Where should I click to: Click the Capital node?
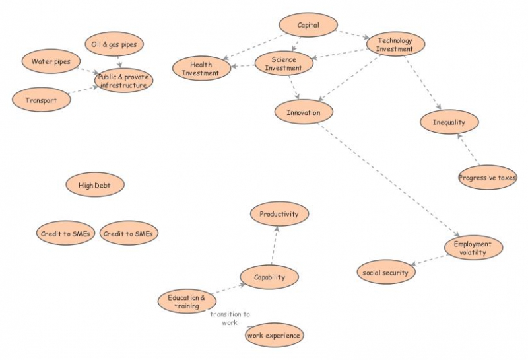pyautogui.click(x=308, y=25)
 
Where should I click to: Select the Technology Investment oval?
pyautogui.click(x=395, y=44)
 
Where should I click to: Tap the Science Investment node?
pyautogui.click(x=284, y=63)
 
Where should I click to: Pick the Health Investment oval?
pyautogui.click(x=201, y=69)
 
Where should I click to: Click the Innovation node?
pyautogui.click(x=304, y=112)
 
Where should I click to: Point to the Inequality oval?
pyautogui.click(x=449, y=122)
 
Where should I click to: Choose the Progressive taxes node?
pyautogui.click(x=487, y=178)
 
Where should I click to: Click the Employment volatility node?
pyautogui.click(x=473, y=248)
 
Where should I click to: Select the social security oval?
pyautogui.click(x=386, y=272)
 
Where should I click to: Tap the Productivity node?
pyautogui.click(x=279, y=214)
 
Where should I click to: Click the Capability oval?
pyautogui.click(x=269, y=277)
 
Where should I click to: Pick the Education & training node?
pyautogui.click(x=187, y=302)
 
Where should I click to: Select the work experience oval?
pyautogui.click(x=274, y=336)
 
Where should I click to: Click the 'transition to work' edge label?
pyautogui.click(x=230, y=318)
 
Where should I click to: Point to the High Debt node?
pyautogui.click(x=95, y=186)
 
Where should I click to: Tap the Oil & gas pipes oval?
pyautogui.click(x=114, y=44)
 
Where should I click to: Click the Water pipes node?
pyautogui.click(x=51, y=62)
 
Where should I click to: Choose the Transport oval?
pyautogui.click(x=41, y=100)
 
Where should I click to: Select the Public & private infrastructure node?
pyautogui.click(x=123, y=81)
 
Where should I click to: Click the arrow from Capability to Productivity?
pyautogui.click(x=273, y=246)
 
